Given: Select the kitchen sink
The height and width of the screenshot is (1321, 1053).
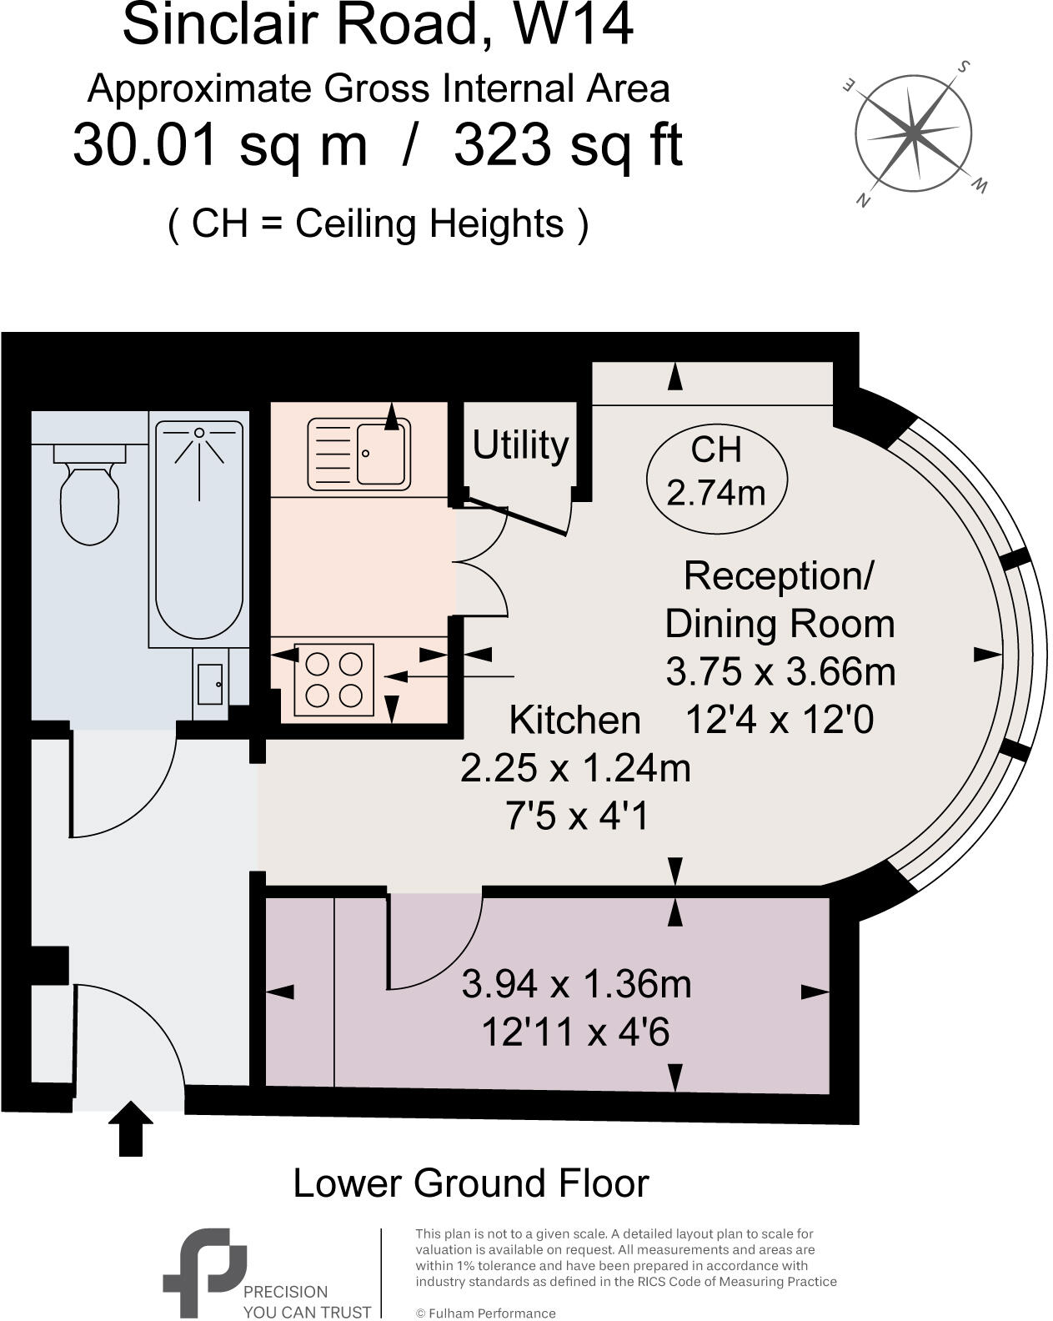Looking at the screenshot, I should point(359,455).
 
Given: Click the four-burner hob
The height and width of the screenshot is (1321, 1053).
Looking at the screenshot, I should point(333,679).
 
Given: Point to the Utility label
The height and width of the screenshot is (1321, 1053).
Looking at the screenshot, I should point(520,445).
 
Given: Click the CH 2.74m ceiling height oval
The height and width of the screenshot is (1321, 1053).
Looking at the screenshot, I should point(716,472).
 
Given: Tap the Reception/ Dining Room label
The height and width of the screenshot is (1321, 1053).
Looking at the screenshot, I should point(779,600).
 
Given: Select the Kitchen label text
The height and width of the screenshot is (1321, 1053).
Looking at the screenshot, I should point(574,720).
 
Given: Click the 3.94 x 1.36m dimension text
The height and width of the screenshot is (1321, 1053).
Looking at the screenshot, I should point(576,984).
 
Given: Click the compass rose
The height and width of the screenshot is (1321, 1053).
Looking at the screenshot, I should point(914,132).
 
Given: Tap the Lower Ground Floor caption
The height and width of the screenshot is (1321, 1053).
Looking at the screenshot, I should point(470,1183).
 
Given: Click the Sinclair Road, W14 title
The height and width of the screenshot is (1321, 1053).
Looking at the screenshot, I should point(378,25).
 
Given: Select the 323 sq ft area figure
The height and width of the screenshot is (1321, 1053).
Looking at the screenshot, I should point(568,145).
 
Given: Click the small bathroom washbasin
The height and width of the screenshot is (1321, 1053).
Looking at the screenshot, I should point(208,684).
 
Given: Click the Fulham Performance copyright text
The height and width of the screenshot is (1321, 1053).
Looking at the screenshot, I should point(485,1313).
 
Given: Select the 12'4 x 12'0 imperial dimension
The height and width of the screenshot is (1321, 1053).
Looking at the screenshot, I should point(779,719).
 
